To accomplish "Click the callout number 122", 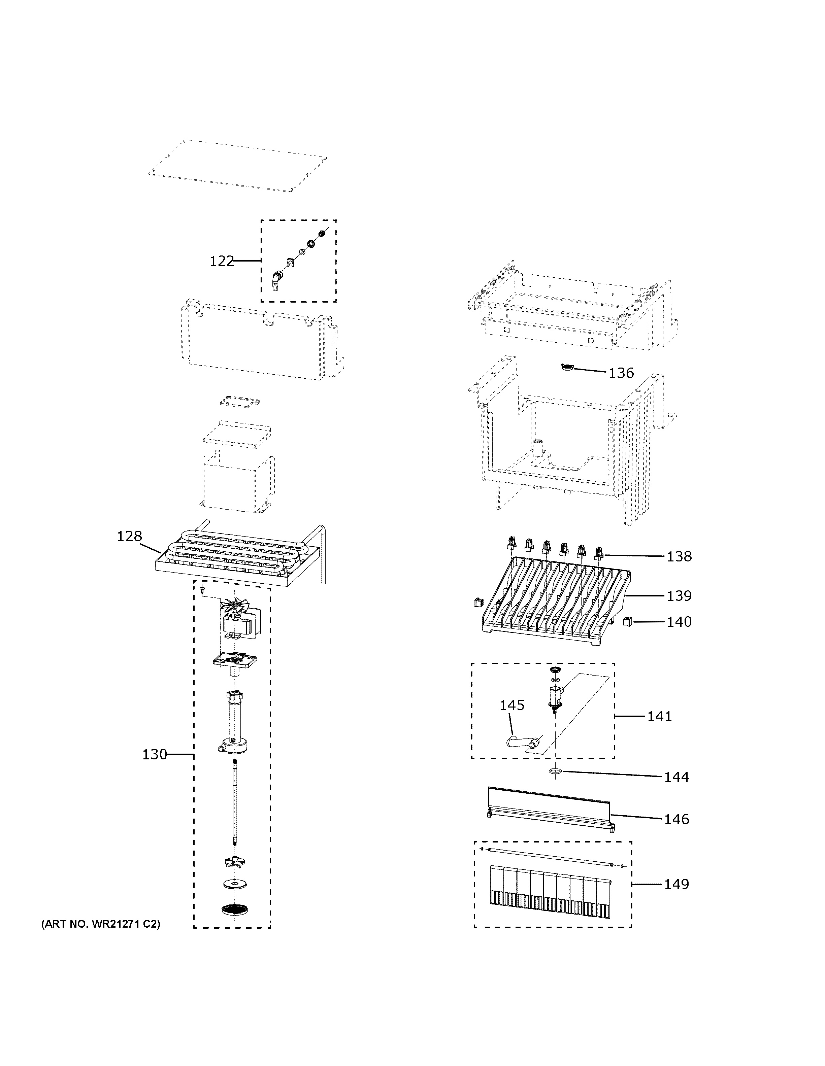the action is click(x=222, y=262).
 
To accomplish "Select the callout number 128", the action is click(x=129, y=537).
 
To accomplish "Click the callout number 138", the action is click(x=680, y=556).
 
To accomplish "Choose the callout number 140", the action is click(x=680, y=622).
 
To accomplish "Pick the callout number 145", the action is click(x=511, y=705).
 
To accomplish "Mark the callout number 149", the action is click(x=676, y=885).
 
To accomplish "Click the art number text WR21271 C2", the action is click(x=101, y=924).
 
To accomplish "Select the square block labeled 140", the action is click(x=628, y=621).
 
